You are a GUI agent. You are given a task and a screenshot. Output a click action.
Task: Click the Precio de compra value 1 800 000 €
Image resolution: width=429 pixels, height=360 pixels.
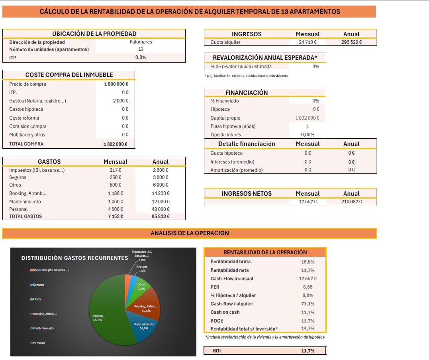116,84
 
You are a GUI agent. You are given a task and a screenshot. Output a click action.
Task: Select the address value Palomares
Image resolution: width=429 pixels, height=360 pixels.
141,42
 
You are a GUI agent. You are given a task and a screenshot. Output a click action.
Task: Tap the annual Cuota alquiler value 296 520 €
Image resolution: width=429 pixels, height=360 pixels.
351,42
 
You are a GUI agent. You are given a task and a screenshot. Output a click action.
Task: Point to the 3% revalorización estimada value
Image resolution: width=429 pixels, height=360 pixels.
316,67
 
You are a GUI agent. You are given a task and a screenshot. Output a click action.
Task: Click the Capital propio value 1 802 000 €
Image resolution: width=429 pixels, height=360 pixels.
307,118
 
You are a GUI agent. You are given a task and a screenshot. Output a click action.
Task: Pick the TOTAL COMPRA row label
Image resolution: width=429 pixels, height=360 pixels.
26,144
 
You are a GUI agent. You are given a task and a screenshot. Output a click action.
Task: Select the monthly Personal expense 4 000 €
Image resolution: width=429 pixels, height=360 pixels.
116,209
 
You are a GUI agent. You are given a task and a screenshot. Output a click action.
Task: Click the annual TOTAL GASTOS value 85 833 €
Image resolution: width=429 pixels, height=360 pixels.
161,216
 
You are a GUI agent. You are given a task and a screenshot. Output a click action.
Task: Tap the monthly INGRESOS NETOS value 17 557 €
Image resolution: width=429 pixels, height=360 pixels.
308,201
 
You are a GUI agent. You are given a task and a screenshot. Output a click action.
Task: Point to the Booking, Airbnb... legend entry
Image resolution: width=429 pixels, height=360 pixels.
44,314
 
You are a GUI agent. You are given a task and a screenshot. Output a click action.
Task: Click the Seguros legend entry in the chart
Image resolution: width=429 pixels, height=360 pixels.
37,285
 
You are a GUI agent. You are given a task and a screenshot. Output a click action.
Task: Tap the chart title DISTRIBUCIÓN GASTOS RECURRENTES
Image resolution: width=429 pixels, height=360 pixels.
75,258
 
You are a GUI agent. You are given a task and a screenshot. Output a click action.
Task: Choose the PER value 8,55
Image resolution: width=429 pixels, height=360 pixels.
308,287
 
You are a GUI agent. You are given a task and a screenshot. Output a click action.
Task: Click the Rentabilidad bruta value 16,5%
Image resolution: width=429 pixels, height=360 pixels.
308,262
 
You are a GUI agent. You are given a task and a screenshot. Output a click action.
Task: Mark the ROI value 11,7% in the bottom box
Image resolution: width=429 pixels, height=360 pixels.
308,351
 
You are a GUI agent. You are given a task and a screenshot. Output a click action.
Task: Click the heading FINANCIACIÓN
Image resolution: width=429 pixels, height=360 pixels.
247,92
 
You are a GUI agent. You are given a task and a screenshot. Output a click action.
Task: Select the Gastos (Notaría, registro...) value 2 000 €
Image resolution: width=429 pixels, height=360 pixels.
121,101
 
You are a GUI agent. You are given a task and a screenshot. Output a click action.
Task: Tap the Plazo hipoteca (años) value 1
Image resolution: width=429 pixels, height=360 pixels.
308,126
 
